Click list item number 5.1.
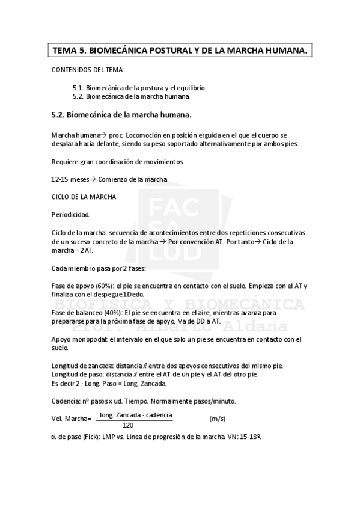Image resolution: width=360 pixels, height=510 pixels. click(78, 87)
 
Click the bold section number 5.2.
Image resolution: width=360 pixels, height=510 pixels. click(58, 114)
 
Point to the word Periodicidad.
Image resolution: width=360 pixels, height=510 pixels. click(71, 214)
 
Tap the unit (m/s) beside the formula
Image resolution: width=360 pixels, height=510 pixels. click(217, 418)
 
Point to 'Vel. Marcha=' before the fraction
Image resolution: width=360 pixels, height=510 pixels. click(71, 419)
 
